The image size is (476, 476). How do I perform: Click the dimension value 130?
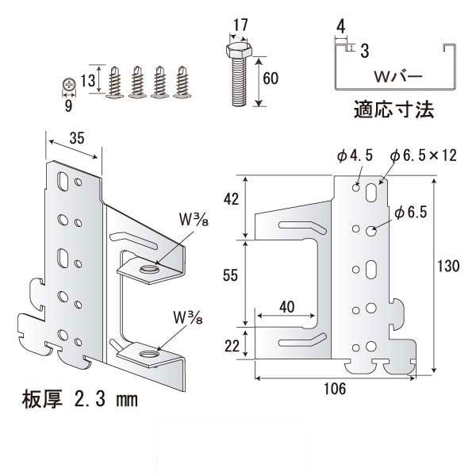tap(449, 267)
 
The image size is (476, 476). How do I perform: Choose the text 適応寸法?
tap(393, 110)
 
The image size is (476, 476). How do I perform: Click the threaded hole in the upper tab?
tap(148, 271)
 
